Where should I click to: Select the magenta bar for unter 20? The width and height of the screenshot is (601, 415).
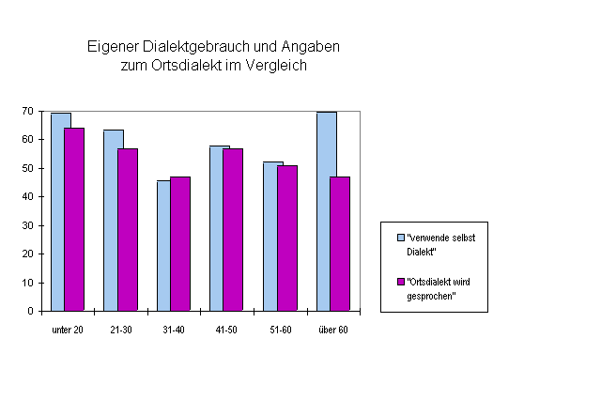(x=74, y=219)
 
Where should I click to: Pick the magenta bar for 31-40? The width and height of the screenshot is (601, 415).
(x=180, y=243)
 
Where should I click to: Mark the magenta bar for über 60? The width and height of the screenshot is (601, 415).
(x=340, y=243)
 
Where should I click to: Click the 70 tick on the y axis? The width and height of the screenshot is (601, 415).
(x=29, y=112)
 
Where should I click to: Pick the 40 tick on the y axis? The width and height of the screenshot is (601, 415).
(x=29, y=197)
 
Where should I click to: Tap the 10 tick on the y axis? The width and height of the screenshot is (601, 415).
(x=29, y=283)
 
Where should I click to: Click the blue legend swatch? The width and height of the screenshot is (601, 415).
(x=400, y=238)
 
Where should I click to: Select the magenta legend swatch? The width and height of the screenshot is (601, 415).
(x=400, y=282)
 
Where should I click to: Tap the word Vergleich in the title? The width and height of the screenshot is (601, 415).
(x=277, y=66)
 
